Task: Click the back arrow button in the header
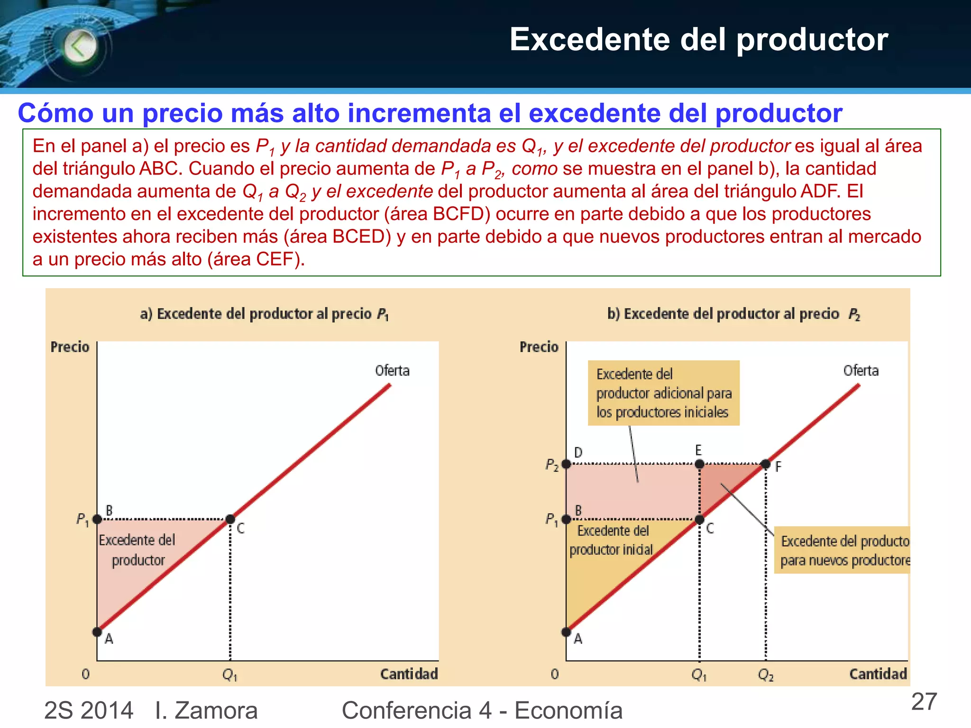click(80, 46)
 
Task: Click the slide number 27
click(924, 702)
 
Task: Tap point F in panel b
click(765, 464)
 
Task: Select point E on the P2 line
click(699, 464)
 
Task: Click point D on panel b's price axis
click(566, 464)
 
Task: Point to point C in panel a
click(230, 519)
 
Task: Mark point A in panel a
click(97, 632)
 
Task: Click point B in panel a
click(97, 519)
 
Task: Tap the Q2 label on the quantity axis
click(766, 674)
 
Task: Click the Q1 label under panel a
click(230, 674)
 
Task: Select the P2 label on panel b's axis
click(552, 464)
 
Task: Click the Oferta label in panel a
click(392, 371)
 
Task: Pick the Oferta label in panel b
click(861, 371)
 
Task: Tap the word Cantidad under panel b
click(878, 674)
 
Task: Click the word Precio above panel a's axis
click(70, 347)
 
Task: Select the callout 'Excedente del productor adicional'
click(663, 393)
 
